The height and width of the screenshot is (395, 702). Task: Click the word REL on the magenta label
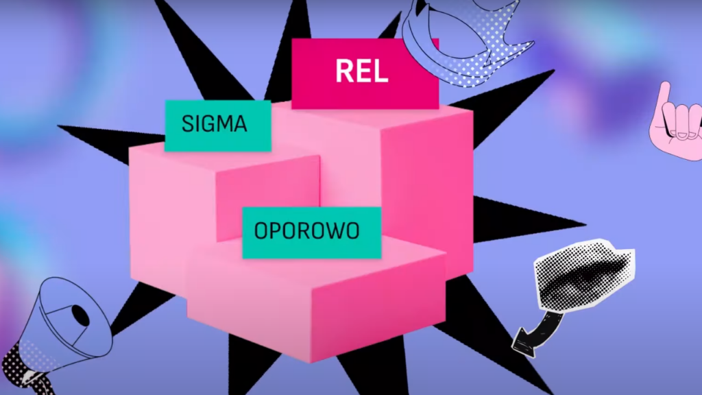(362, 72)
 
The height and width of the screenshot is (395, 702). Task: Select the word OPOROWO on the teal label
(306, 231)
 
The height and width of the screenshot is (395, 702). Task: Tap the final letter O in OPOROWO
(350, 231)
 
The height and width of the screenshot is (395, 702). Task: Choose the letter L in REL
(380, 72)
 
